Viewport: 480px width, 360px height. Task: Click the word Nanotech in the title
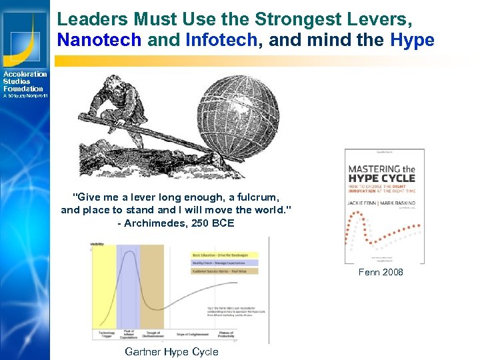click(99, 40)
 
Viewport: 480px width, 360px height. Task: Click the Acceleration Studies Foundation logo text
click(25, 81)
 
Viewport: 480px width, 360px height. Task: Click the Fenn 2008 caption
click(381, 272)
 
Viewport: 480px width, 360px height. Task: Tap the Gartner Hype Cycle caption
click(171, 352)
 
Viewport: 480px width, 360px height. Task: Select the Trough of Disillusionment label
click(153, 334)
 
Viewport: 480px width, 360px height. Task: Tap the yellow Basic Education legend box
click(223, 255)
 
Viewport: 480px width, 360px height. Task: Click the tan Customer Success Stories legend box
click(223, 271)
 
